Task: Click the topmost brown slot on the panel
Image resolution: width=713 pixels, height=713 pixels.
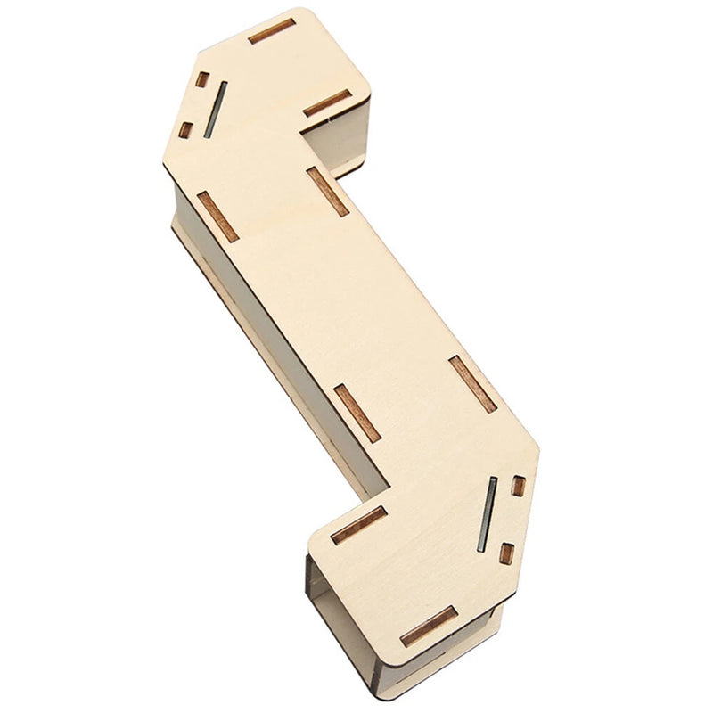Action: click(272, 31)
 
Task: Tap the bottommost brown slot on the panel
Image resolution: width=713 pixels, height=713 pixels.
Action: click(429, 627)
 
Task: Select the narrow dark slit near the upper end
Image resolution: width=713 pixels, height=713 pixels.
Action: click(215, 110)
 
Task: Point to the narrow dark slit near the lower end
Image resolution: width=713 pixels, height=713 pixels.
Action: click(487, 514)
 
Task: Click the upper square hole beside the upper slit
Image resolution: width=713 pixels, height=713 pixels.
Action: click(202, 79)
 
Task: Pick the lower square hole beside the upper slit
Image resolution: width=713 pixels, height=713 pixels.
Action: click(185, 130)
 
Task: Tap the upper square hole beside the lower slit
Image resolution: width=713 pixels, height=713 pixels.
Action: click(518, 486)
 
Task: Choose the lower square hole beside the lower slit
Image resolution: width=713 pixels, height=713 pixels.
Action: click(505, 553)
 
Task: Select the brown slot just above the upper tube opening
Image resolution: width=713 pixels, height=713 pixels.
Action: click(326, 103)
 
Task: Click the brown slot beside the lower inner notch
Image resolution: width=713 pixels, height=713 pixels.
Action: click(358, 526)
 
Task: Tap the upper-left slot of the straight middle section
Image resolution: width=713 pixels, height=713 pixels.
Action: click(217, 216)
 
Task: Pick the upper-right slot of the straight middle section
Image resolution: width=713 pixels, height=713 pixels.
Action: click(328, 192)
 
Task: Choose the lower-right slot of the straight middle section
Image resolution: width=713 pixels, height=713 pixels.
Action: click(472, 383)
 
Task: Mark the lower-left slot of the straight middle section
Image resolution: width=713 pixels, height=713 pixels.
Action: click(356, 413)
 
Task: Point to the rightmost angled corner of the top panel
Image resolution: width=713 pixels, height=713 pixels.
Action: click(537, 446)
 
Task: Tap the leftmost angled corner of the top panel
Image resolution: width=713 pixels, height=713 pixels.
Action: click(165, 165)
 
